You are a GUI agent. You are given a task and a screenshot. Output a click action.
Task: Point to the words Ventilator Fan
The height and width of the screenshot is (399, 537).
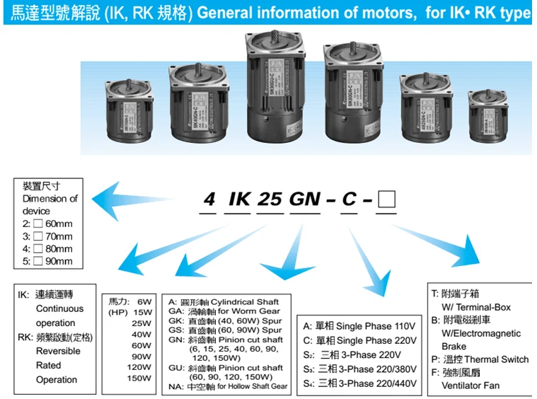[471, 386]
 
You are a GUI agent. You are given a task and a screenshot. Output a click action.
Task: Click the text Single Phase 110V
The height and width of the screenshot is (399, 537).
[372, 326]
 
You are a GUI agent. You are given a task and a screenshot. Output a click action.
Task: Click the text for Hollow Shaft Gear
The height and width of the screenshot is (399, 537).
[253, 386]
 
